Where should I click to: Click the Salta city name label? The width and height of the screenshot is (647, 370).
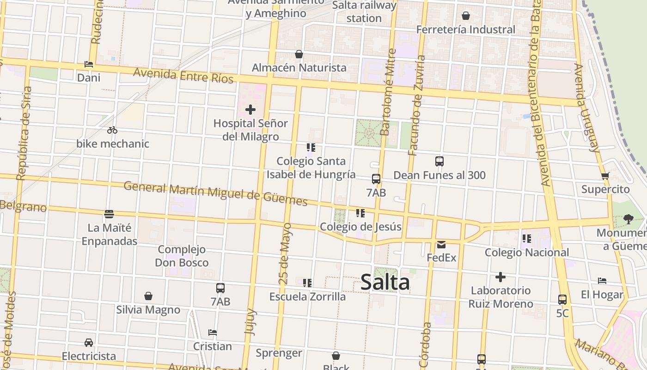point(385,282)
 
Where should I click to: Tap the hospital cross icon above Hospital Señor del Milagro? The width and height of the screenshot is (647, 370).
point(250,110)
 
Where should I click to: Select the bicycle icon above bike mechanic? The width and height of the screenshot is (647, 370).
point(112,130)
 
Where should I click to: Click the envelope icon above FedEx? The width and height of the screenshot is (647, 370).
point(441,244)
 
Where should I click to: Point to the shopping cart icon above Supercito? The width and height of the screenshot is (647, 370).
point(605,176)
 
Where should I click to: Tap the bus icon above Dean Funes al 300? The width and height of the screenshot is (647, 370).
point(439,161)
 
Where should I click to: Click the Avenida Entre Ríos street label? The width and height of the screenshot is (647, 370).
point(183,75)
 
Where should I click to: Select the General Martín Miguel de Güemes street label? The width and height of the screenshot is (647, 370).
point(215,193)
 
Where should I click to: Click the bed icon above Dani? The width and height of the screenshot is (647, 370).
point(89,64)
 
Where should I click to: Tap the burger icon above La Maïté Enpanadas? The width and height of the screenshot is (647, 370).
point(109,214)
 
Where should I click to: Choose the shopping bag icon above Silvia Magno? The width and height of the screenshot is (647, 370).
point(148,296)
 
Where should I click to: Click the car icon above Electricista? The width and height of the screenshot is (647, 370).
point(89,343)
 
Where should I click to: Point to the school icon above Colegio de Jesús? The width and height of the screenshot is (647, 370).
point(360,213)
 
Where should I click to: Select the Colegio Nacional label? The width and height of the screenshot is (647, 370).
point(527,253)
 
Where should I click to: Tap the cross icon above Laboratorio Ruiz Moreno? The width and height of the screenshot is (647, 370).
point(501,277)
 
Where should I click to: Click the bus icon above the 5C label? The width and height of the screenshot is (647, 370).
point(562,300)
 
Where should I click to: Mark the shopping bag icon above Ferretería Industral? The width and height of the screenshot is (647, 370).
point(466,16)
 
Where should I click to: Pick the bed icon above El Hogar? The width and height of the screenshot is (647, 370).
point(602,281)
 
